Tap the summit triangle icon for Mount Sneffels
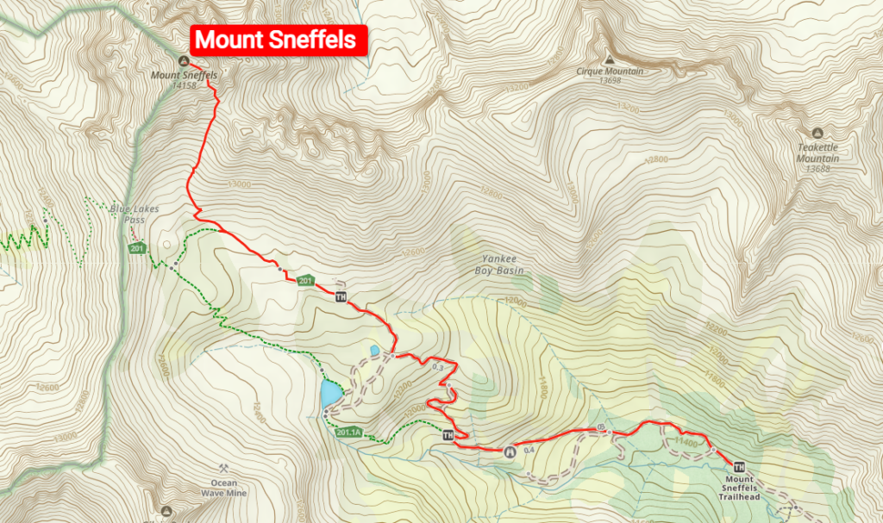pyautogui.click(x=183, y=60)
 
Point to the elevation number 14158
pyautogui.click(x=185, y=85)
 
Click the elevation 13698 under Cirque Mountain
pyautogui.click(x=610, y=81)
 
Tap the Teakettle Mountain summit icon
pyautogui.click(x=817, y=134)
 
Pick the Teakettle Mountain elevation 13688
pyautogui.click(x=817, y=170)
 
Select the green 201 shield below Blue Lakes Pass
pyautogui.click(x=136, y=249)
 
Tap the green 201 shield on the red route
pyautogui.click(x=304, y=281)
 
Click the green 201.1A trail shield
pyautogui.click(x=349, y=433)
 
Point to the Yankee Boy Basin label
pyautogui.click(x=499, y=265)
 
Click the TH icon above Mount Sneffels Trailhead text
pyautogui.click(x=739, y=467)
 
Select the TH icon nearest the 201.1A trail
pyautogui.click(x=447, y=435)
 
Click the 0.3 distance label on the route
pyautogui.click(x=437, y=368)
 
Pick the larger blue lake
pyautogui.click(x=329, y=395)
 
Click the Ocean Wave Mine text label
pyautogui.click(x=223, y=489)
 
